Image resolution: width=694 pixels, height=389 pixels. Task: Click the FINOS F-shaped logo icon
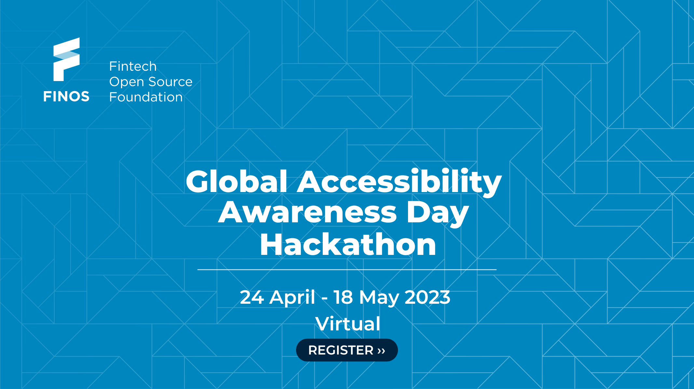point(66,59)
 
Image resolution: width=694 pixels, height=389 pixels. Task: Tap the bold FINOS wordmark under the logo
point(66,97)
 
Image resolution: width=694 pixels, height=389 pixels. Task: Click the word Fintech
point(133,66)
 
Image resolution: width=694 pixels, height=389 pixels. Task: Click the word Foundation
point(146,97)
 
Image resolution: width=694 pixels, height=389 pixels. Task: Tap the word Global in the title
point(237,181)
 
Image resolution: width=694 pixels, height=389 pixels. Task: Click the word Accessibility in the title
point(400,181)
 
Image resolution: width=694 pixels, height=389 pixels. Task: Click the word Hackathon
point(348,244)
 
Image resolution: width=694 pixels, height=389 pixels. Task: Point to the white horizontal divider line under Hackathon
point(347,270)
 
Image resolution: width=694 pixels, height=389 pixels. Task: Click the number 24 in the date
point(252,297)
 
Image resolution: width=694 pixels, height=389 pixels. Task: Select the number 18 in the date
point(343,297)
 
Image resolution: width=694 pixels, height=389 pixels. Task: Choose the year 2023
point(427,297)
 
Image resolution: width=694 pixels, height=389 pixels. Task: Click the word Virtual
point(348,324)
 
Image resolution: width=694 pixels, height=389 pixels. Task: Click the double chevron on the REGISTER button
point(381,351)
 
